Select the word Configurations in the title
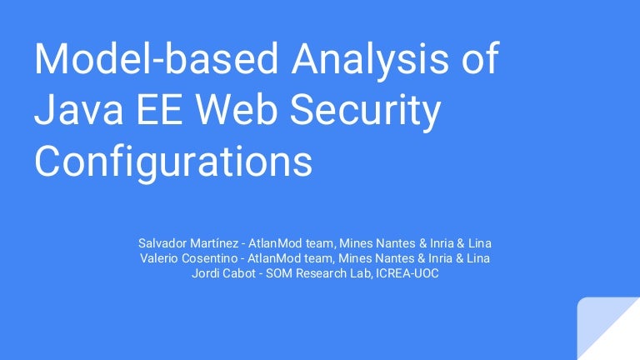tap(172, 163)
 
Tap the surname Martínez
tap(216, 243)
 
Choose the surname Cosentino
tap(212, 258)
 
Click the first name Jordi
tap(207, 273)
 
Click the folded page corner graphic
tap(609, 328)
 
